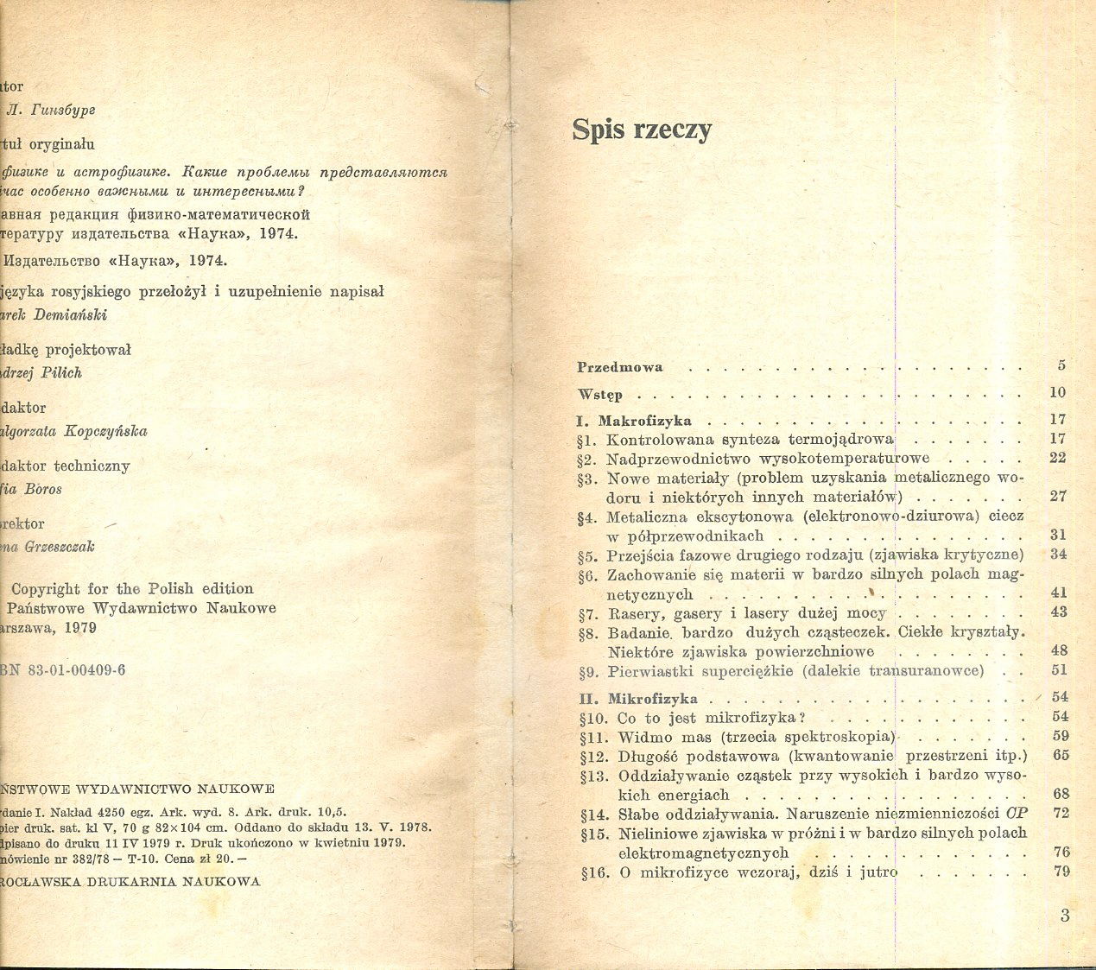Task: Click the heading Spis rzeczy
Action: pyautogui.click(x=642, y=130)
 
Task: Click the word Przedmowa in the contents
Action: pyautogui.click(x=620, y=367)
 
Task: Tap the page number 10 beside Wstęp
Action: pyautogui.click(x=1058, y=392)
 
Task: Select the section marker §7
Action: pyautogui.click(x=587, y=613)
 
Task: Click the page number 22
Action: pyautogui.click(x=1058, y=458)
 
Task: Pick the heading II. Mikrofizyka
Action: pyautogui.click(x=638, y=699)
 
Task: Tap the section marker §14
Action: pyautogui.click(x=593, y=815)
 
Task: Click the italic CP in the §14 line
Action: pyautogui.click(x=1017, y=814)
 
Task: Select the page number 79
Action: pyautogui.click(x=1061, y=871)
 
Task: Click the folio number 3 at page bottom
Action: pyautogui.click(x=1065, y=916)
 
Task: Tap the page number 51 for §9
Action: pyautogui.click(x=1059, y=670)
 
